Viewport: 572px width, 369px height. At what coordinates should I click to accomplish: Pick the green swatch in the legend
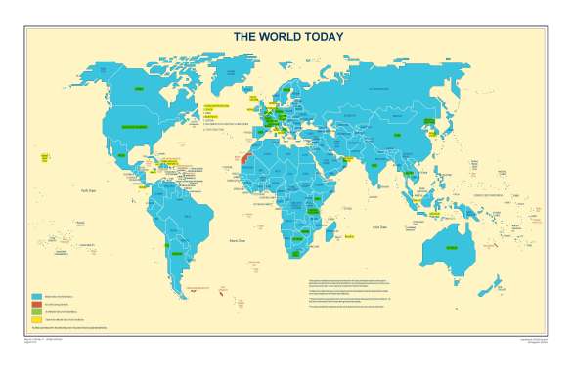36,311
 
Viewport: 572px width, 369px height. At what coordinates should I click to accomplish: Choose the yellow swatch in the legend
36,319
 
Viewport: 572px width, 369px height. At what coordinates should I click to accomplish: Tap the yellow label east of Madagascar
350,234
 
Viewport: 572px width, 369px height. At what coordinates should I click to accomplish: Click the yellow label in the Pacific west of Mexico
45,156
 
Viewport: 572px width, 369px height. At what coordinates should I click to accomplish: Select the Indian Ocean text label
369,225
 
